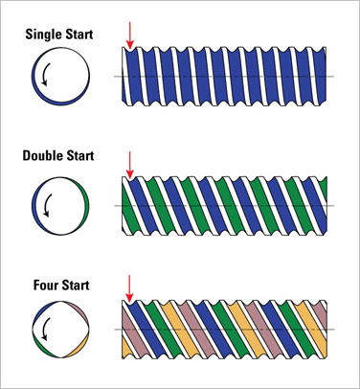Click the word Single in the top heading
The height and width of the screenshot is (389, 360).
pos(41,34)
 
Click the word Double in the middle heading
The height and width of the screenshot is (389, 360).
pos(41,155)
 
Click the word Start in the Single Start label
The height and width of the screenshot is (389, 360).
pos(77,34)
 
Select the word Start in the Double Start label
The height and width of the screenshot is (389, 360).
pos(79,155)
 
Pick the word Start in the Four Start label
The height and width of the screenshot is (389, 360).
pos(75,285)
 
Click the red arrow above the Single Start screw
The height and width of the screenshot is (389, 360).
pos(129,35)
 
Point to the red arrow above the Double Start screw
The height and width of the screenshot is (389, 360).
pos(129,165)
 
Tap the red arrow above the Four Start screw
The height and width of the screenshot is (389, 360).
pos(129,288)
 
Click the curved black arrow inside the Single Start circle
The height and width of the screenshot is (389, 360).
pos(45,74)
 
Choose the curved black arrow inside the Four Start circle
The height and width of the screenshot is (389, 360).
pos(45,329)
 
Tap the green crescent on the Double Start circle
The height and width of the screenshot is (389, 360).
pos(84,206)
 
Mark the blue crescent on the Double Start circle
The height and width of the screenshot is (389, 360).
pos(36,206)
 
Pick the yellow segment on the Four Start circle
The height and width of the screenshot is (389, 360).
pos(79,350)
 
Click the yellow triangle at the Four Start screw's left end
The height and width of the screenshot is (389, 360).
pos(126,351)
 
